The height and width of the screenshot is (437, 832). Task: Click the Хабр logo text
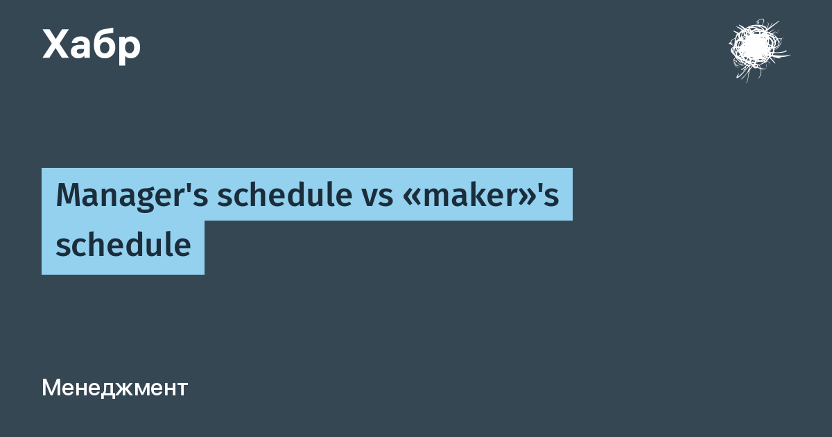92,45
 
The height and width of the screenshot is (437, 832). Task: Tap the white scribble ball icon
759,50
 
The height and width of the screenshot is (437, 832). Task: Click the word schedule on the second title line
123,243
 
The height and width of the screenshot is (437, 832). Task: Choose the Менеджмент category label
115,388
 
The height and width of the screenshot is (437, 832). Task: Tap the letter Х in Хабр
55,44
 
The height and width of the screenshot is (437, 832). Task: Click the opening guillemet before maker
411,198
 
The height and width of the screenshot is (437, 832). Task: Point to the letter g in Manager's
142,200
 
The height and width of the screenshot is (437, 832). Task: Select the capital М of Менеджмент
51,388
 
